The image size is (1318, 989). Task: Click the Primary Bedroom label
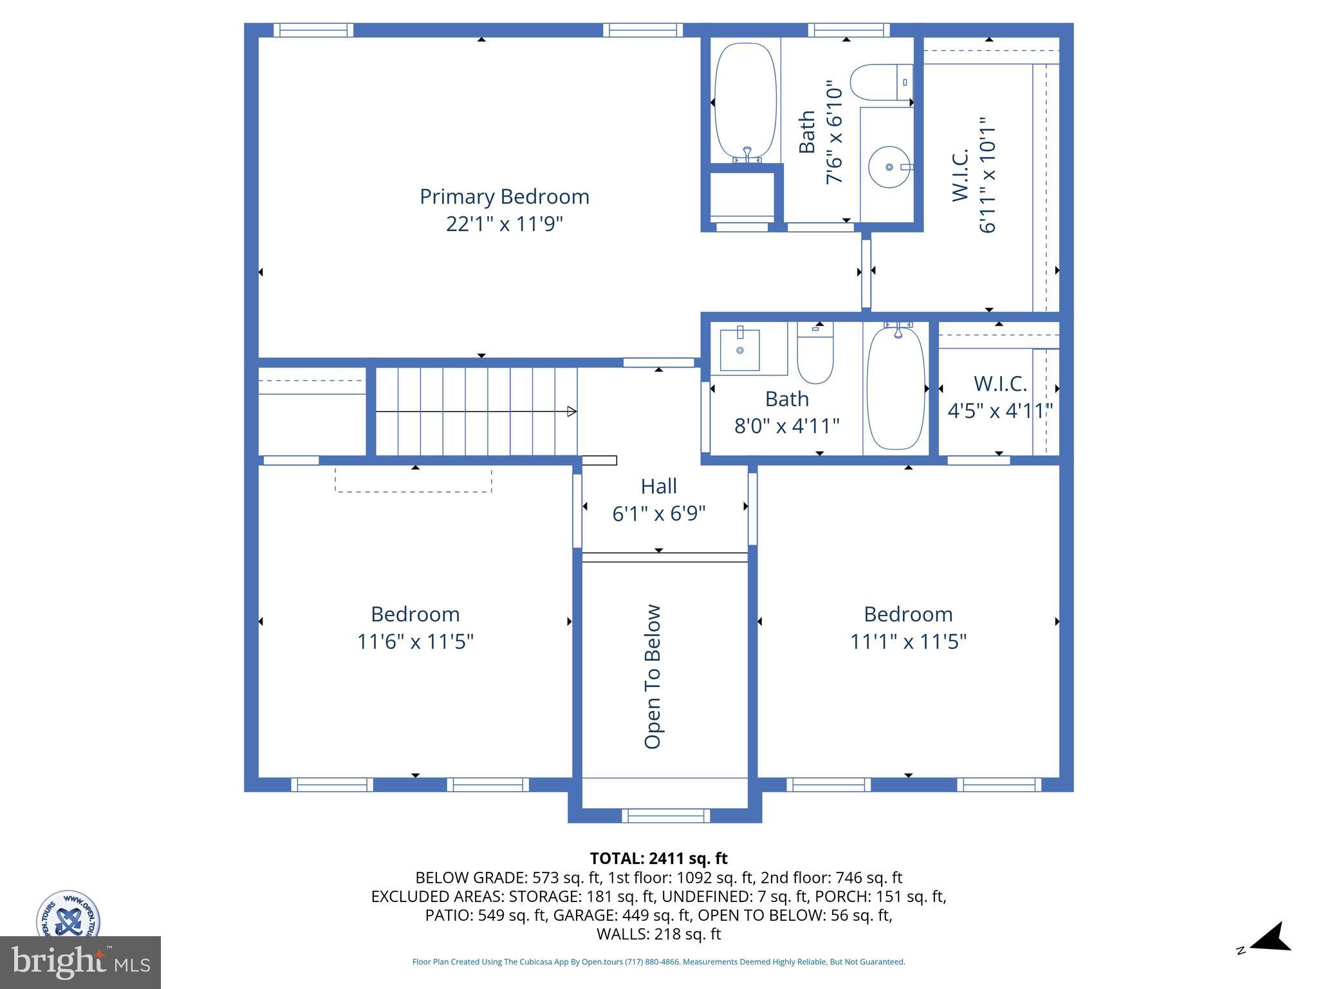504,196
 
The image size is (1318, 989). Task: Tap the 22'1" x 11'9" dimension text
504,224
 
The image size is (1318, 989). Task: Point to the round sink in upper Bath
890,167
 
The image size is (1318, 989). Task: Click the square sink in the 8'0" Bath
739,350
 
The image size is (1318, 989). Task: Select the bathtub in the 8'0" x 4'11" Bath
896,388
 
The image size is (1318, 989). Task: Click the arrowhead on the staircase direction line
571,411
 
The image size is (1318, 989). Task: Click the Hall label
658,486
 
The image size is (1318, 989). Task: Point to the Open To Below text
653,676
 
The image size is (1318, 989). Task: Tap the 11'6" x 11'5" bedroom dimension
415,642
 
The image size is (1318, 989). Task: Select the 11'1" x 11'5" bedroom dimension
908,642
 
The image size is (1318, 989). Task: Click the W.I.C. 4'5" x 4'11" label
999,397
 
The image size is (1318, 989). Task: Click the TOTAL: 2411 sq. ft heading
658,858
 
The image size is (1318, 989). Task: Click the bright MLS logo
80,962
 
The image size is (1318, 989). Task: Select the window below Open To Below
665,816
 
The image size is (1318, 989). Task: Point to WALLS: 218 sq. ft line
658,934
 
